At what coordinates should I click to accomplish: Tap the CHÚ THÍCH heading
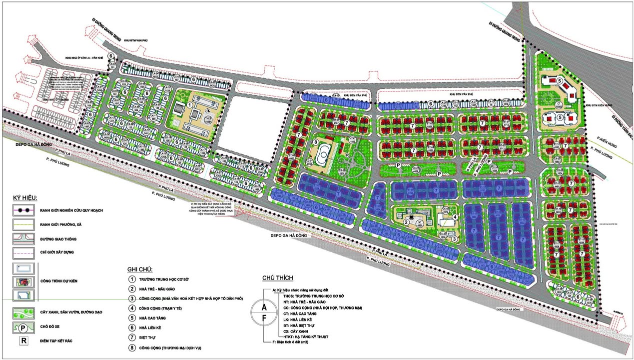tap(277, 278)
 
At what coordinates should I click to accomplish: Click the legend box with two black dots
tap(23, 210)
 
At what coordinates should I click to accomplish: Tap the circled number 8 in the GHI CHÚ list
tap(131, 346)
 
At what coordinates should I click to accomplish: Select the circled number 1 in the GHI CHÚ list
tap(131, 279)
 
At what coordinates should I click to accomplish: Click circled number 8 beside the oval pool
tap(315, 142)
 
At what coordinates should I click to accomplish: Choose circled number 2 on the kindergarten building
tap(406, 222)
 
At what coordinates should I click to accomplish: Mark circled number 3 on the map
tap(454, 239)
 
